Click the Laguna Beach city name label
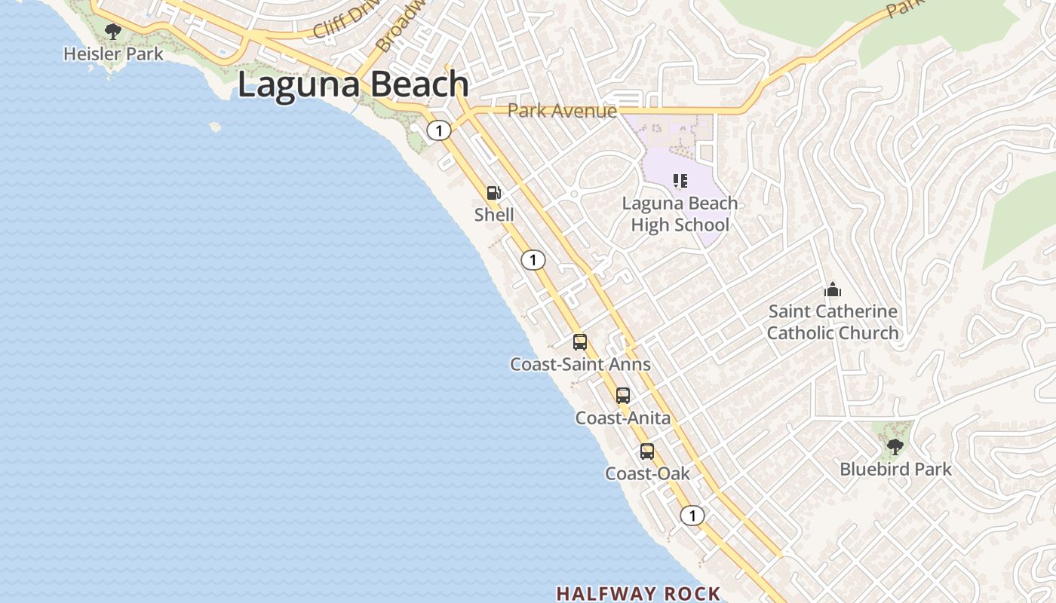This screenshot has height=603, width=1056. coord(353,84)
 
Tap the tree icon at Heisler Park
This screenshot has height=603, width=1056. coord(113,32)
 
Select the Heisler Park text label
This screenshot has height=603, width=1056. coord(113,54)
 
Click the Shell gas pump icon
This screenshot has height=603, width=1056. coord(494,193)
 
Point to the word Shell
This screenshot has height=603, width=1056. coord(494,215)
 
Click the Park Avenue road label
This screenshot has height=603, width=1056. coord(562,111)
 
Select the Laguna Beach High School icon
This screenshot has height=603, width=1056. coord(680,181)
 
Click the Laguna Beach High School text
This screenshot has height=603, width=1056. coord(680,214)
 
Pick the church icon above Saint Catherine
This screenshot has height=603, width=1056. coord(833,289)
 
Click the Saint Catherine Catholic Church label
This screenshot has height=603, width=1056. coord(833,322)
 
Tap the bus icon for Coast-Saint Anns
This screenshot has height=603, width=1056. coord(580,342)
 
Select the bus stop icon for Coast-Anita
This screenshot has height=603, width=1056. coord(623,396)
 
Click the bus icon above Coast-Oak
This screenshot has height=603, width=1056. coord(647,451)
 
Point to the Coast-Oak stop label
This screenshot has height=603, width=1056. coord(647,473)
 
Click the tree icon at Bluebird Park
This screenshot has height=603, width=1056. coord(895,447)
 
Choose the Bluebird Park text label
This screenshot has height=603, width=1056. coord(895,469)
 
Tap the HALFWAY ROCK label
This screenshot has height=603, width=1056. coord(638,594)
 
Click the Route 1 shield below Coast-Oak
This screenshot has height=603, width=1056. coord(692,516)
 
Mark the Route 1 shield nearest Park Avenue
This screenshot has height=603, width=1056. coord(438,130)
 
